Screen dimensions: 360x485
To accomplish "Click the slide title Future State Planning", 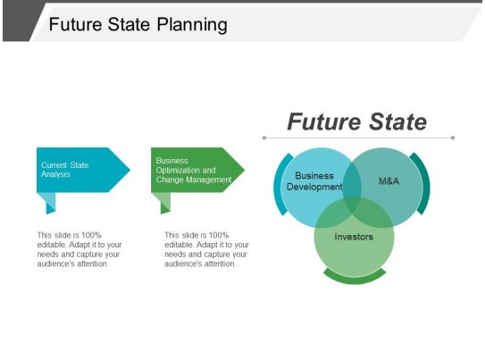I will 138,24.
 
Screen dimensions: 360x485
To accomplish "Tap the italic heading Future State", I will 356,121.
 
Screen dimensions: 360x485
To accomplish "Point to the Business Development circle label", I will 314,181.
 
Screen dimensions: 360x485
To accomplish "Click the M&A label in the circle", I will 389,181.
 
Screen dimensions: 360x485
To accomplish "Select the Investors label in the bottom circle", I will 354,237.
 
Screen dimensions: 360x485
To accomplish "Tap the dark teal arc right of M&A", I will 424,183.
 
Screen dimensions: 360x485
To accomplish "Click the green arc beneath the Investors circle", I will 354,279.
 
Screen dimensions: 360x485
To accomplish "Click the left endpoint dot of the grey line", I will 264,138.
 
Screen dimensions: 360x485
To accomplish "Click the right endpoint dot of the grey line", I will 453,138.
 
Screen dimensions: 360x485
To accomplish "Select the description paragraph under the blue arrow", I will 79,249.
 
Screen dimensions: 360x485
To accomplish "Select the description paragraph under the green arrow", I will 206,249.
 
